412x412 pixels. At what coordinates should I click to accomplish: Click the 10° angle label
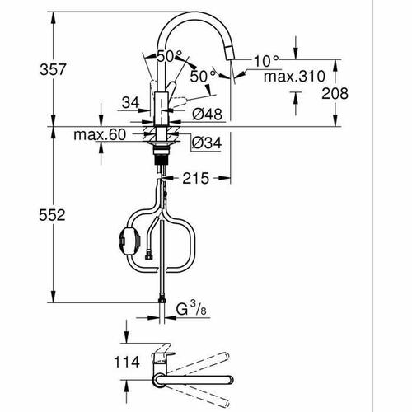tap(265, 61)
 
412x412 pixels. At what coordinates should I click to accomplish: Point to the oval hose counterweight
tap(126, 239)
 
